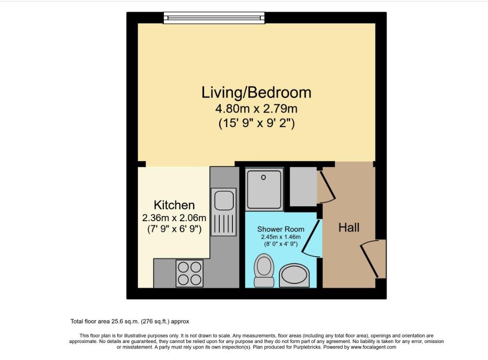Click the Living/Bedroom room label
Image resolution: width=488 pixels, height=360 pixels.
[256, 92]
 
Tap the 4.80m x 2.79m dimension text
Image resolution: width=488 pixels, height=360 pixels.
[256, 109]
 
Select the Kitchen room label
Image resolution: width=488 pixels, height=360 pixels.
[174, 205]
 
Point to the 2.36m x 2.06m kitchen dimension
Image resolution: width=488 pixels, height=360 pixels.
[174, 217]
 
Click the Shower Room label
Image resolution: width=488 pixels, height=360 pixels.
[281, 229]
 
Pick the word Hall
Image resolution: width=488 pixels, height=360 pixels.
[349, 228]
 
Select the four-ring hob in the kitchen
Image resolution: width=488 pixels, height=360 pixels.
[189, 273]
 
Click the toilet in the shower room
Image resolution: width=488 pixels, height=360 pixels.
[264, 270]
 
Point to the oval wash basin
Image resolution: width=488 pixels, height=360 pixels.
[294, 276]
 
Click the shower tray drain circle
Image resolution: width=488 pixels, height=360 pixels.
[263, 178]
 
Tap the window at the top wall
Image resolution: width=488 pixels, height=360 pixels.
[214, 18]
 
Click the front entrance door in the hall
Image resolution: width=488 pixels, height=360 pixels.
[373, 259]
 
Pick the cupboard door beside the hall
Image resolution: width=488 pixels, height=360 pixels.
[326, 186]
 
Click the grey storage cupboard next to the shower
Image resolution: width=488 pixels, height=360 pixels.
[304, 186]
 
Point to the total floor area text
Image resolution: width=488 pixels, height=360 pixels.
[130, 321]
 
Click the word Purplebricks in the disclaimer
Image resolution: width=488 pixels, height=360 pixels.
[307, 347]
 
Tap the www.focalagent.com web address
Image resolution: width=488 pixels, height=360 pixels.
[374, 347]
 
